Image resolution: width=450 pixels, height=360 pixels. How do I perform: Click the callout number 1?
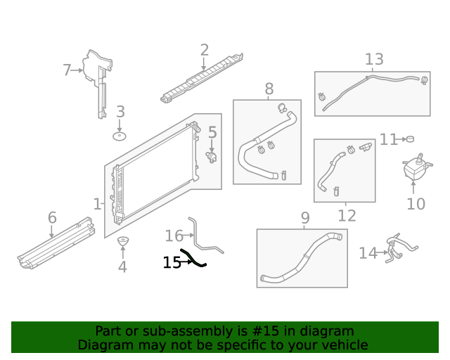pyautogui.click(x=97, y=204)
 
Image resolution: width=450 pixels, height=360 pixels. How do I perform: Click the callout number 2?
pyautogui.click(x=204, y=50)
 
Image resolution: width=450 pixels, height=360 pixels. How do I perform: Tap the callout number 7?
pyautogui.click(x=67, y=70)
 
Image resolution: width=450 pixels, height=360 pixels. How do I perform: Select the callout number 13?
pyautogui.click(x=374, y=60)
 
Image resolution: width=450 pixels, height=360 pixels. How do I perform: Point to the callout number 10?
pyautogui.click(x=416, y=204)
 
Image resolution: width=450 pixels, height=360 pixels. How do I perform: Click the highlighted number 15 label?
pyautogui.click(x=172, y=262)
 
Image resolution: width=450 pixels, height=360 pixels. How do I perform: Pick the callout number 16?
pyautogui.click(x=173, y=236)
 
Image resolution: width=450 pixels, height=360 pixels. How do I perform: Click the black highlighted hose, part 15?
pyautogui.click(x=194, y=259)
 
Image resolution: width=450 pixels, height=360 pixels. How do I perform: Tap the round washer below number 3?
pyautogui.click(x=120, y=135)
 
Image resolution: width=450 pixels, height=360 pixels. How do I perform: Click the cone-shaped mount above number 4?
pyautogui.click(x=122, y=244)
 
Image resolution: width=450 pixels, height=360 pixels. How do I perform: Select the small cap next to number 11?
pyautogui.click(x=410, y=139)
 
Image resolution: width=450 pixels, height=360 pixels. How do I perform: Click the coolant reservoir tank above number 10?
pyautogui.click(x=415, y=169)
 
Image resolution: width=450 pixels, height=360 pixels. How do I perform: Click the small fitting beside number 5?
pyautogui.click(x=211, y=156)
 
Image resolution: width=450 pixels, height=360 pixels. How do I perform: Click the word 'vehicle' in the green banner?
pyautogui.click(x=342, y=345)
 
